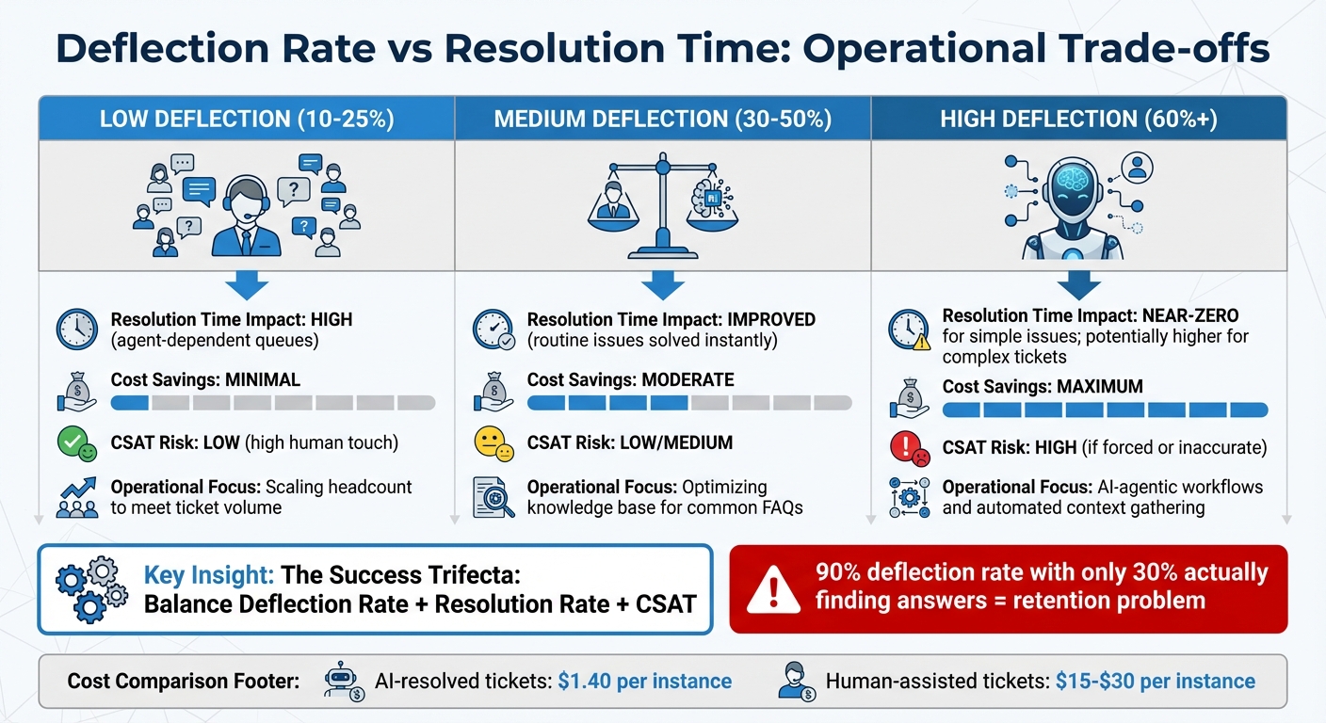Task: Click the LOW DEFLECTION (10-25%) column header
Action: pos(247,119)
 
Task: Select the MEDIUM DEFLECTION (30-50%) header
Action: pos(663,119)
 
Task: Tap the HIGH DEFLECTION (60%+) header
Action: pos(1078,119)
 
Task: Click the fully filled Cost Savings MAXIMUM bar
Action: pos(1106,410)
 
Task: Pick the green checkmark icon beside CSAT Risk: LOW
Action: pos(76,443)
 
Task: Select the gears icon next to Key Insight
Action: pos(90,588)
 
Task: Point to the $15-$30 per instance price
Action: pos(1155,681)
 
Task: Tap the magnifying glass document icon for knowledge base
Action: pos(493,498)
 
